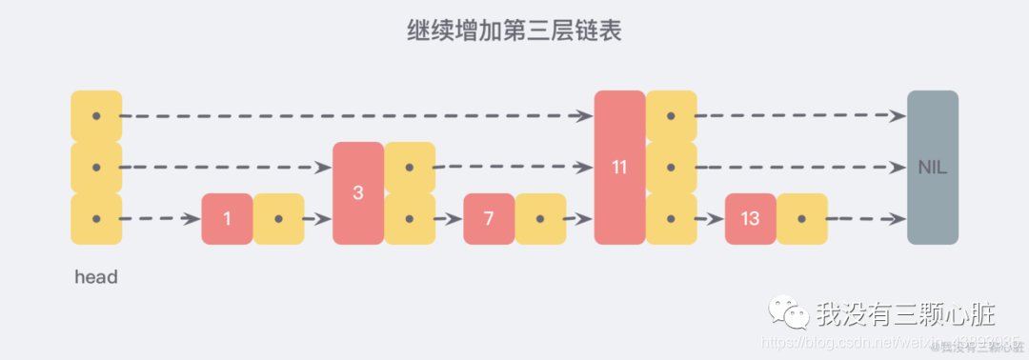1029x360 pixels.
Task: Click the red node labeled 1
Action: point(227,219)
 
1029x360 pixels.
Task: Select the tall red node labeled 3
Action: point(358,193)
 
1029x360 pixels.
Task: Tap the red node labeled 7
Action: point(489,219)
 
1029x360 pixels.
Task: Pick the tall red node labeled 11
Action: point(619,168)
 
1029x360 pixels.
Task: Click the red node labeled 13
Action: point(750,219)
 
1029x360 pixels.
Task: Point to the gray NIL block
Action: point(932,168)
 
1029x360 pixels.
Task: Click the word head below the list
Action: point(96,278)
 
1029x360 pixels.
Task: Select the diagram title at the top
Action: point(514,32)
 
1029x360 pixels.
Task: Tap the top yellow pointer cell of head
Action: point(96,116)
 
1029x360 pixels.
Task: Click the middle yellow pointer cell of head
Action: point(96,168)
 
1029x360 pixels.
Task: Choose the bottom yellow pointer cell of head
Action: point(96,219)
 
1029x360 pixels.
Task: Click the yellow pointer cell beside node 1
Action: point(278,219)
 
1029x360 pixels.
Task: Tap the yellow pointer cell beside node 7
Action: point(540,219)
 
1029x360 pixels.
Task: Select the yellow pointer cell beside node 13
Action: point(801,219)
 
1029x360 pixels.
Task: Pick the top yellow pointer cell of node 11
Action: point(671,116)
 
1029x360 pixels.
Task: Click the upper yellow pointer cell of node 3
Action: point(410,168)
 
